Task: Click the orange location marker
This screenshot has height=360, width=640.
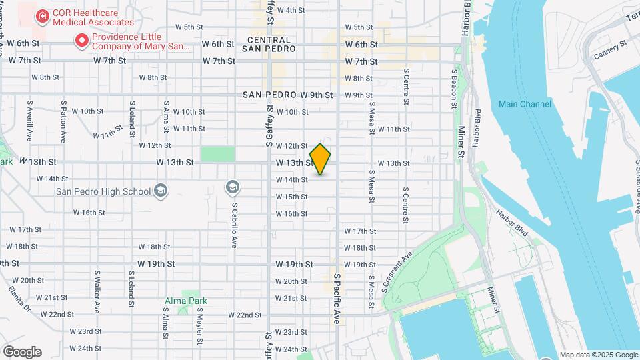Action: click(x=321, y=159)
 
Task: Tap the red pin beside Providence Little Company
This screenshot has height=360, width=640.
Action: click(x=82, y=41)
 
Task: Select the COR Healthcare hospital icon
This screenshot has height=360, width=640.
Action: click(x=42, y=15)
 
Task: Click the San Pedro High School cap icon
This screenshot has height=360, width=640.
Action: click(x=161, y=192)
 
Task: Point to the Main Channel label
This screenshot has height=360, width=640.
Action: click(x=525, y=104)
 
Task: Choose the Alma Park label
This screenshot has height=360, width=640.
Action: click(x=186, y=301)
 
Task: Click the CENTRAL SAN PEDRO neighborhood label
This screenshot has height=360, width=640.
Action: click(x=266, y=44)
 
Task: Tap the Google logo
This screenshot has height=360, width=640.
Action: click(x=22, y=352)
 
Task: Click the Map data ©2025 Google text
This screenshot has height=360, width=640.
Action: click(x=599, y=355)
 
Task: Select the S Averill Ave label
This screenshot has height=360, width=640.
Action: click(x=30, y=120)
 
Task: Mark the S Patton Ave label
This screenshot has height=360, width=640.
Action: click(x=63, y=121)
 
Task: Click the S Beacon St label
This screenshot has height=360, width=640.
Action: click(x=454, y=88)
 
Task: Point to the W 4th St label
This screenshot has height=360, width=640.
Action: click(x=291, y=10)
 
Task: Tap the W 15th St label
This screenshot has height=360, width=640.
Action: click(x=292, y=197)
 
